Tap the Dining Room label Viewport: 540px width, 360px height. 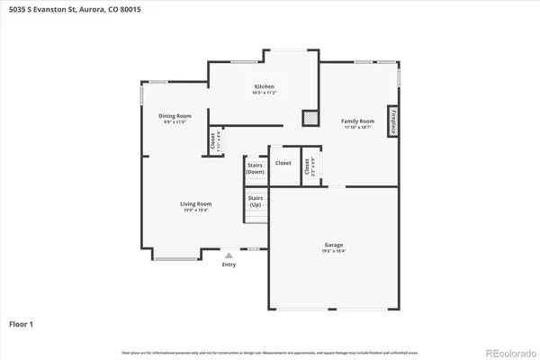[175, 115]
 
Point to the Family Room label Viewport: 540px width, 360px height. [356, 121]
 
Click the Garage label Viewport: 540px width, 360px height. [334, 245]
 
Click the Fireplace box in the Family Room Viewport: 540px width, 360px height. [392, 121]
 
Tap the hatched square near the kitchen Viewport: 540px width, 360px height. [310, 117]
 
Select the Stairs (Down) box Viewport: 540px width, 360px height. [255, 168]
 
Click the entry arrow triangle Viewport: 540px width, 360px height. [229, 256]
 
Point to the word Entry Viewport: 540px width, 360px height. [229, 265]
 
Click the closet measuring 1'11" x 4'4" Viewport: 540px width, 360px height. [215, 140]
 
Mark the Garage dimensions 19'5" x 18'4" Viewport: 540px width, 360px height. [334, 252]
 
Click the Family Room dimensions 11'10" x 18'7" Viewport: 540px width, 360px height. [356, 128]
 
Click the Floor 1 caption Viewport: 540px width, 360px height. [23, 322]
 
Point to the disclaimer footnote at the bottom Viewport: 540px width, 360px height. [270, 350]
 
